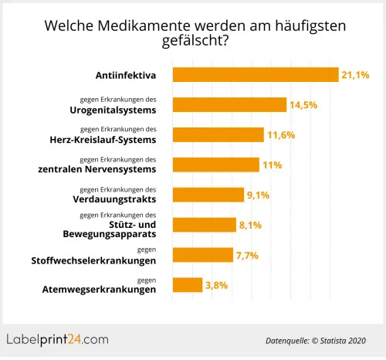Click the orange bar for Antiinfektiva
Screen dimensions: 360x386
(x=256, y=75)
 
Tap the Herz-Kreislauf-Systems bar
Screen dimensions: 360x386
(x=218, y=135)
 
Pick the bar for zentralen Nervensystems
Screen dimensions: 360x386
(x=215, y=165)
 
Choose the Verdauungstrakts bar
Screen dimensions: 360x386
(x=208, y=195)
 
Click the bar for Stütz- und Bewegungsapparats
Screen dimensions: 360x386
(x=204, y=225)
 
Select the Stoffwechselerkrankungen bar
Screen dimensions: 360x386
(x=202, y=254)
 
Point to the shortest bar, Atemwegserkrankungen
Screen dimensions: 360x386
(x=188, y=284)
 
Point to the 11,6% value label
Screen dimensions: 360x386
(x=280, y=135)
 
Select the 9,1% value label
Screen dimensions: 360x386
(x=258, y=195)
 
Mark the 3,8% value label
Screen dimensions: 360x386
(x=217, y=284)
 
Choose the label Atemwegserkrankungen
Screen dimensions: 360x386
(x=98, y=290)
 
